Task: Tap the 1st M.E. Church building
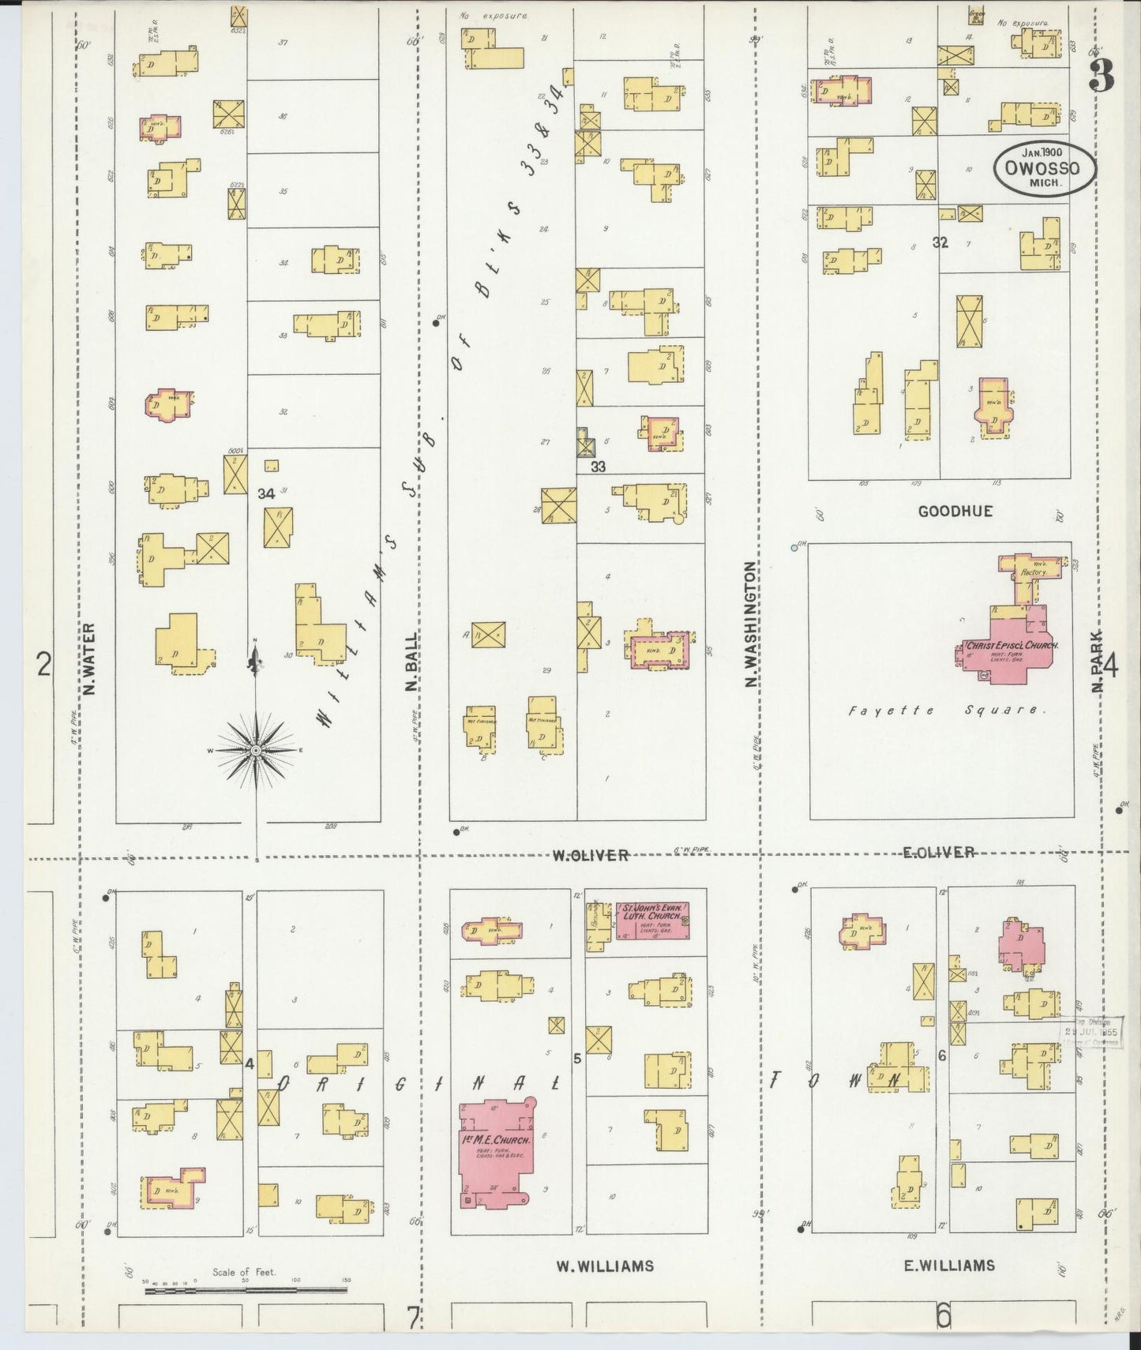point(497,1144)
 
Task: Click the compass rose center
point(256,752)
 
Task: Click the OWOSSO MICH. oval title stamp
point(1044,168)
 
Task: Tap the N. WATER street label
point(88,660)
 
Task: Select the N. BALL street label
point(411,662)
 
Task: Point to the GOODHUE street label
point(955,512)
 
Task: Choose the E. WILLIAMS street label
point(948,1266)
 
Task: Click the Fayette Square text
point(947,710)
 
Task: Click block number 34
point(266,493)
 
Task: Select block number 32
point(940,242)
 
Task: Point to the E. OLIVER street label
point(939,853)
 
